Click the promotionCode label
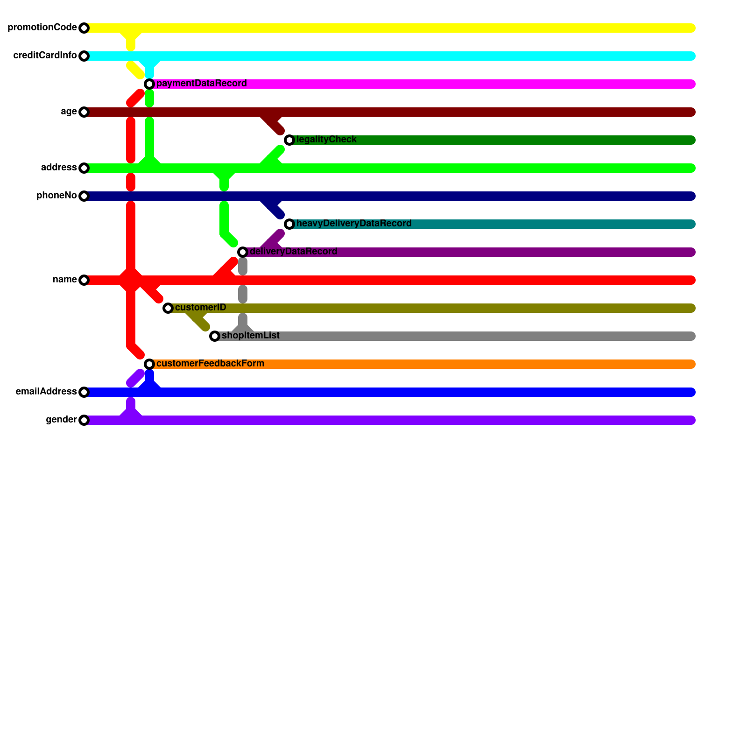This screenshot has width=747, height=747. (x=42, y=28)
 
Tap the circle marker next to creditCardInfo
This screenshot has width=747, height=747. (x=84, y=56)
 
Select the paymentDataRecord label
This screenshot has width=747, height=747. (x=201, y=84)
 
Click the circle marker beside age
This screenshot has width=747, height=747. (x=84, y=112)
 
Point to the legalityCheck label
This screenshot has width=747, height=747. (x=326, y=140)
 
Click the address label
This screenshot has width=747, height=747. (x=59, y=168)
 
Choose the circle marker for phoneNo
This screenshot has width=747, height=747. (x=84, y=196)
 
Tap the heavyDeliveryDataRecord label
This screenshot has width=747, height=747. (x=354, y=224)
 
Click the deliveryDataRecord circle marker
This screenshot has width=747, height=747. (x=243, y=252)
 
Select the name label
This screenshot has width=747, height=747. (x=64, y=280)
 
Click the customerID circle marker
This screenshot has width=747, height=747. (x=168, y=308)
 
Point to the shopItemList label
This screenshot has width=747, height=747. (x=250, y=336)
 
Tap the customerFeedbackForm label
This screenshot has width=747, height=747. (x=210, y=364)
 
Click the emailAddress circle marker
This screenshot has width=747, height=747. (x=84, y=392)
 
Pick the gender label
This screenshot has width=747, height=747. (x=61, y=420)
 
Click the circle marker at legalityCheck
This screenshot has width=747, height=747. (x=289, y=140)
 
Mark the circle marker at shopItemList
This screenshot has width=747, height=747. (x=215, y=336)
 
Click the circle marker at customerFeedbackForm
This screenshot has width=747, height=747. (x=149, y=364)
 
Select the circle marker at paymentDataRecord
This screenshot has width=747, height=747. (x=149, y=84)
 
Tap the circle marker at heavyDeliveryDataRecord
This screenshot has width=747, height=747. (x=289, y=224)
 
